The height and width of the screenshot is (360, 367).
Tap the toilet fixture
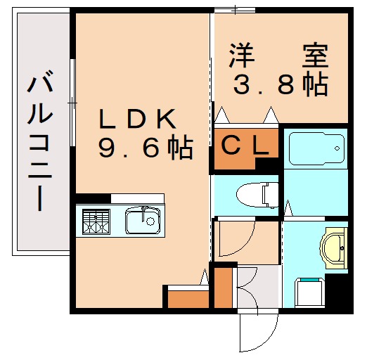coord(250,193)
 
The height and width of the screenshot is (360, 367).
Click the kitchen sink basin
coord(143,221)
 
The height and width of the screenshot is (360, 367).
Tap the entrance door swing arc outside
coord(257,330)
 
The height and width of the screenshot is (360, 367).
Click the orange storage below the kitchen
coord(186,297)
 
